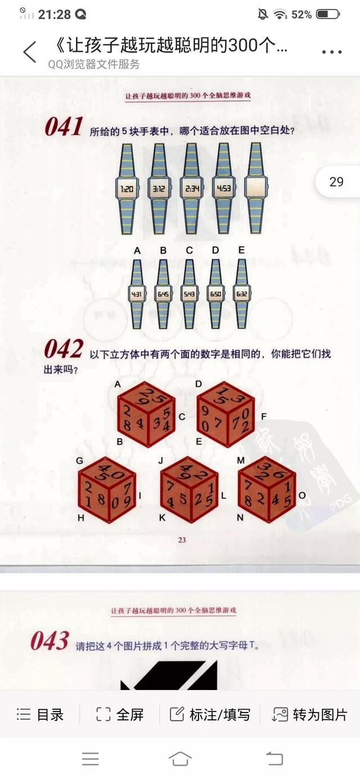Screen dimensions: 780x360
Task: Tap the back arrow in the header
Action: coord(29,52)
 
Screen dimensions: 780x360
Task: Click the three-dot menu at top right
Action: coord(332,52)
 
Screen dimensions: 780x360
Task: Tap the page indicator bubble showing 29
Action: coord(336,182)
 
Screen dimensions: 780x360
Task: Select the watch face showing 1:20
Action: coord(127,189)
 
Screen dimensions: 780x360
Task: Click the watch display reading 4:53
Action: coord(223,189)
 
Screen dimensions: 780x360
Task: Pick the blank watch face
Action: coord(255,189)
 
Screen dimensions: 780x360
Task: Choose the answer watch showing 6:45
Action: coord(163,294)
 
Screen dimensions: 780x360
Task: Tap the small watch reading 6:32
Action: coord(242,294)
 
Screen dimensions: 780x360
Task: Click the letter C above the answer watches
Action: coord(190,250)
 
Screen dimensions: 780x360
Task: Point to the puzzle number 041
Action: coord(64,127)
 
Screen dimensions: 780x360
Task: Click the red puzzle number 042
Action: coord(64,350)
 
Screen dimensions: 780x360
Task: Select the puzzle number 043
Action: coord(50,641)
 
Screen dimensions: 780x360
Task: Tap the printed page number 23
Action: coord(182,540)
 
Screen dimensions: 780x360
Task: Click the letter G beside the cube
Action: coord(79,461)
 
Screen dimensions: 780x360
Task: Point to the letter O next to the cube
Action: coord(302,495)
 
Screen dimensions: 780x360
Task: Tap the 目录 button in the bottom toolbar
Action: coord(40,714)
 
